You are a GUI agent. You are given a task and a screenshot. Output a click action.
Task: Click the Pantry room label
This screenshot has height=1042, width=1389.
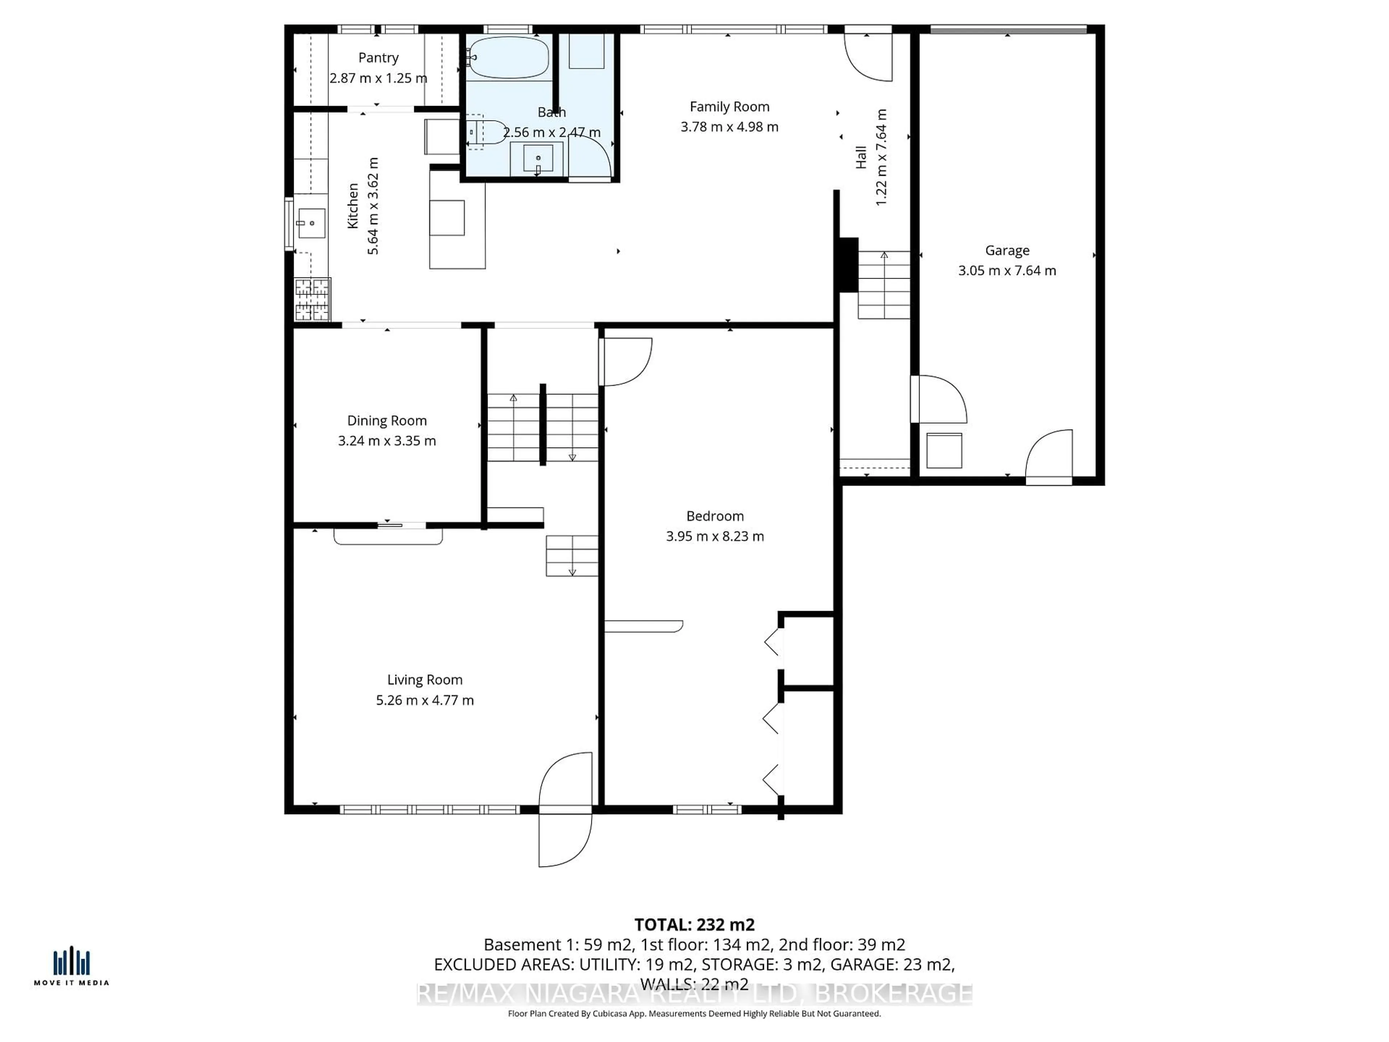(x=378, y=58)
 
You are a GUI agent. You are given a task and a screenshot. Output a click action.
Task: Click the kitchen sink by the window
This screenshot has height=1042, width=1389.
(x=311, y=223)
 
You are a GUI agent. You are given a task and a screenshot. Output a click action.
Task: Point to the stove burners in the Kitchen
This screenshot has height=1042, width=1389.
(x=312, y=300)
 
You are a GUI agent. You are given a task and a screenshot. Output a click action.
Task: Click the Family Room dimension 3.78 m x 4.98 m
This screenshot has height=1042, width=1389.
(x=729, y=127)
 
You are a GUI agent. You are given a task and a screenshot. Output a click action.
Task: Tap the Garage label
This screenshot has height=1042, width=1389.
(x=1007, y=251)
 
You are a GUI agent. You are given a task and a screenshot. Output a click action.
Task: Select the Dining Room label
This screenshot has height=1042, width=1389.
(x=387, y=421)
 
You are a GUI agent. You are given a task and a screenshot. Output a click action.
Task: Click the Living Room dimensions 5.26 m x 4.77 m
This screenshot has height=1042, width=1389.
(x=425, y=700)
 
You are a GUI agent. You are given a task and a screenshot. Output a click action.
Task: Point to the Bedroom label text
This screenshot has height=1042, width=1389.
(x=715, y=516)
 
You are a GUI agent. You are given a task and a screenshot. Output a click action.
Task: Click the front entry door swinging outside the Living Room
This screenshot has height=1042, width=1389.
(x=565, y=840)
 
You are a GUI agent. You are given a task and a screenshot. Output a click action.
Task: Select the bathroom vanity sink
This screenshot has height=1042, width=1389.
(x=538, y=158)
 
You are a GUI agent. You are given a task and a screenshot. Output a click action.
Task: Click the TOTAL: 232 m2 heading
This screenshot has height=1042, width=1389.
(x=694, y=924)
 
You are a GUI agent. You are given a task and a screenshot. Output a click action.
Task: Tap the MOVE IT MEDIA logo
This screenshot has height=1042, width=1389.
(x=71, y=967)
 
